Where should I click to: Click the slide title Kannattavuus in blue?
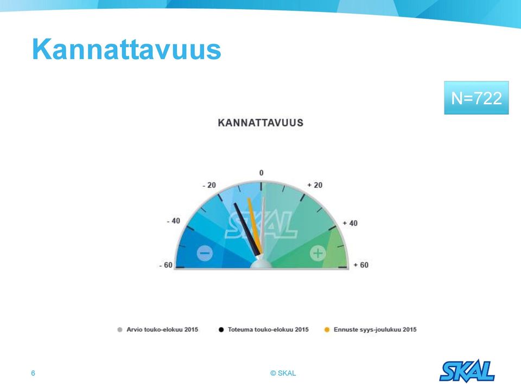(126, 49)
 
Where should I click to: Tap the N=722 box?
(476, 98)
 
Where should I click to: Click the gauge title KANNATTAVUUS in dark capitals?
(260, 123)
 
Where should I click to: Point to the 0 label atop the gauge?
(261, 173)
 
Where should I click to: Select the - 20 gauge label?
(209, 185)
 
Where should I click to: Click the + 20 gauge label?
(315, 185)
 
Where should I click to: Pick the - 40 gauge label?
(174, 221)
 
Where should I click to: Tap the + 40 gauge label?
(350, 223)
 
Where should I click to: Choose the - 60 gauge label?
(166, 265)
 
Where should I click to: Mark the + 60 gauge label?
(361, 265)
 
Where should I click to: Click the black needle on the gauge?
(247, 230)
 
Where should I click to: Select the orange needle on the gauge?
(255, 226)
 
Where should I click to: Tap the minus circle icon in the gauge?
(205, 253)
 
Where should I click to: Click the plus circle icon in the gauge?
(318, 253)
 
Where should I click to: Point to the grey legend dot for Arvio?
(120, 330)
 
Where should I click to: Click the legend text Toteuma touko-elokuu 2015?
(268, 330)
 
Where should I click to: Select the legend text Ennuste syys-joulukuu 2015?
(375, 330)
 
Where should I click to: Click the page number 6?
(33, 373)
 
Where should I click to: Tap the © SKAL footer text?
(283, 373)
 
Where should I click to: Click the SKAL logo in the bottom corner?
(467, 370)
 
